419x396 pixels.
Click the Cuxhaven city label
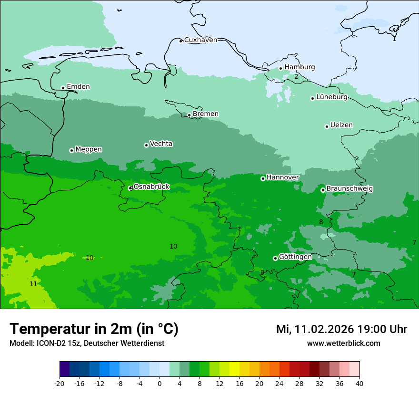[x=200, y=40]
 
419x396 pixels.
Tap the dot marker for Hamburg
[x=281, y=68]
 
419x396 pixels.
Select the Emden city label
[x=78, y=87]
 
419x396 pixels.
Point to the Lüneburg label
[x=332, y=97]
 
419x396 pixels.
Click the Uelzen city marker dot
[x=327, y=126]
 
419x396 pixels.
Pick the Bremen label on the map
[x=206, y=114]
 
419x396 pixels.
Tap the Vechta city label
[x=161, y=144]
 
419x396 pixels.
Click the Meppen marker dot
[x=71, y=150]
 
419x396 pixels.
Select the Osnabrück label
[x=151, y=187]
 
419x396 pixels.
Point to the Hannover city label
[x=282, y=177]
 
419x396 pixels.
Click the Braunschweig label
[x=349, y=189]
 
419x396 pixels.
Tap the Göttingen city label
[x=295, y=257]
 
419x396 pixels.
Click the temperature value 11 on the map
[x=33, y=284]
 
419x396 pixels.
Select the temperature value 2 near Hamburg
[x=296, y=76]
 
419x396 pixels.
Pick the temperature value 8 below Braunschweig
[x=321, y=222]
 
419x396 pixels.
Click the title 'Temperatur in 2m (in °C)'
[x=94, y=329]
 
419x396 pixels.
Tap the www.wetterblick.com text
[x=343, y=343]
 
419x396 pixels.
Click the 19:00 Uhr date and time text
[x=341, y=329]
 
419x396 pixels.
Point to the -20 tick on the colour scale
[x=60, y=383]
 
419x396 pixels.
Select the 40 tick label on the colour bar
[x=359, y=383]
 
